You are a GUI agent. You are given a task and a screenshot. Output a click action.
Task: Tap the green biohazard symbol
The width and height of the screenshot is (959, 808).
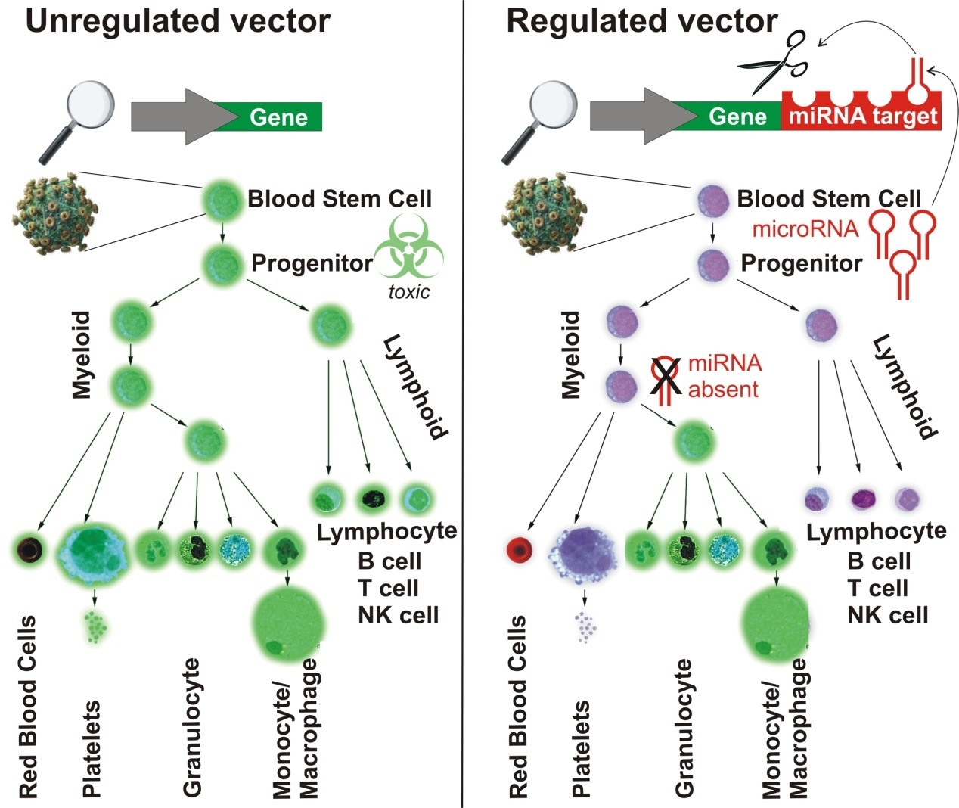point(409,247)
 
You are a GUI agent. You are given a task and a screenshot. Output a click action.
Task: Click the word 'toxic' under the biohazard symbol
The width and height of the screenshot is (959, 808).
point(408,292)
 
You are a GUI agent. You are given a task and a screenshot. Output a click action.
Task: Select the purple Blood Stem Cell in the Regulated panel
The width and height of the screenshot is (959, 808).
point(711,201)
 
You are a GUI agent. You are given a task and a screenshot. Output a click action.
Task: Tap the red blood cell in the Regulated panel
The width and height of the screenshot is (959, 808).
point(520,548)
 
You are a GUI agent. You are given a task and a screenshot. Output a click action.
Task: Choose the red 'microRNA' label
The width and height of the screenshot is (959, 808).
point(805,228)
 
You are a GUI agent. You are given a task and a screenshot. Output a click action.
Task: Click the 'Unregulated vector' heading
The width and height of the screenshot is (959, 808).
point(178,21)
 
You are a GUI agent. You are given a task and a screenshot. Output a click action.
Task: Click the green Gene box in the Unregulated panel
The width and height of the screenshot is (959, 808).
point(278,117)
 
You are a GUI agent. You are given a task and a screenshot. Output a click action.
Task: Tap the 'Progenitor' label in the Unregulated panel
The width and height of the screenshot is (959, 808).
point(312,263)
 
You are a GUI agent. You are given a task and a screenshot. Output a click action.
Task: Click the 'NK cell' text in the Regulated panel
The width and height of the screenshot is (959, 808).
point(888,614)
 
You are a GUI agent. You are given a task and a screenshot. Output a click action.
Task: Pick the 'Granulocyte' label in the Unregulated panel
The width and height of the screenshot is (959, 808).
point(192,727)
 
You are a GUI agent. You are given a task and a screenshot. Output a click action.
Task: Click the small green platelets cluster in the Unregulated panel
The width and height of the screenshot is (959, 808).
point(95,626)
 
